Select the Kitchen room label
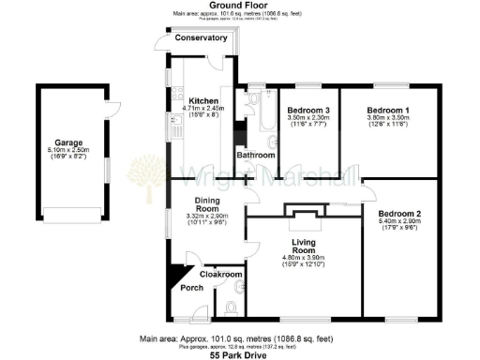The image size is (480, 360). point(203,100)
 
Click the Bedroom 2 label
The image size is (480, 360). point(399,215)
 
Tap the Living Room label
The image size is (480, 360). point(304,247)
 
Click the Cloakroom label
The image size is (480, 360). point(222,274)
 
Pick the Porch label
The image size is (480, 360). point(191,288)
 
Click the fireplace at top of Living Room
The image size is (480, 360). point(303,217)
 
